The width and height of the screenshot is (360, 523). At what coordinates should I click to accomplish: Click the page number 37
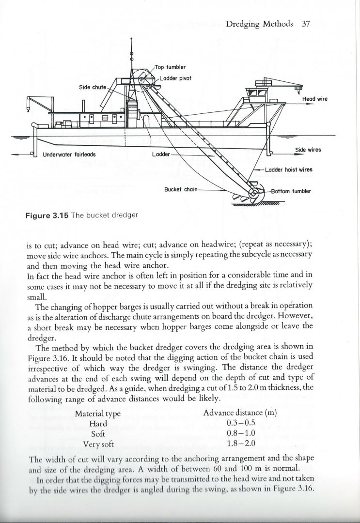(305, 23)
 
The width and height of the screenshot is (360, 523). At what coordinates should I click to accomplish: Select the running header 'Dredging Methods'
(260, 23)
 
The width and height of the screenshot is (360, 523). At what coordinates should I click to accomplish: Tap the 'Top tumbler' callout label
(170, 67)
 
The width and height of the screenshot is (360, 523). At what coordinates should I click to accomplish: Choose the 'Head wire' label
(315, 99)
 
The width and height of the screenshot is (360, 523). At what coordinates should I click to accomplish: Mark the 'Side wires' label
(308, 150)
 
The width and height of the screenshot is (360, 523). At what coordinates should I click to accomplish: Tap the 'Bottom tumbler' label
(291, 191)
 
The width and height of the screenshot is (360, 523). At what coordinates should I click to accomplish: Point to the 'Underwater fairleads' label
(69, 155)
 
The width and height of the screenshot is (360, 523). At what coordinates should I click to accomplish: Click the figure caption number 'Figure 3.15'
(47, 215)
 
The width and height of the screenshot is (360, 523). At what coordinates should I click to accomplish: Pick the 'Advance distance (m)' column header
(240, 414)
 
